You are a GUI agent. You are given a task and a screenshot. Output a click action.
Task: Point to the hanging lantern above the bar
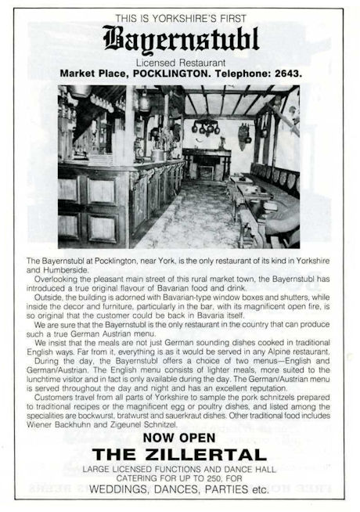coord(144,102)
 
